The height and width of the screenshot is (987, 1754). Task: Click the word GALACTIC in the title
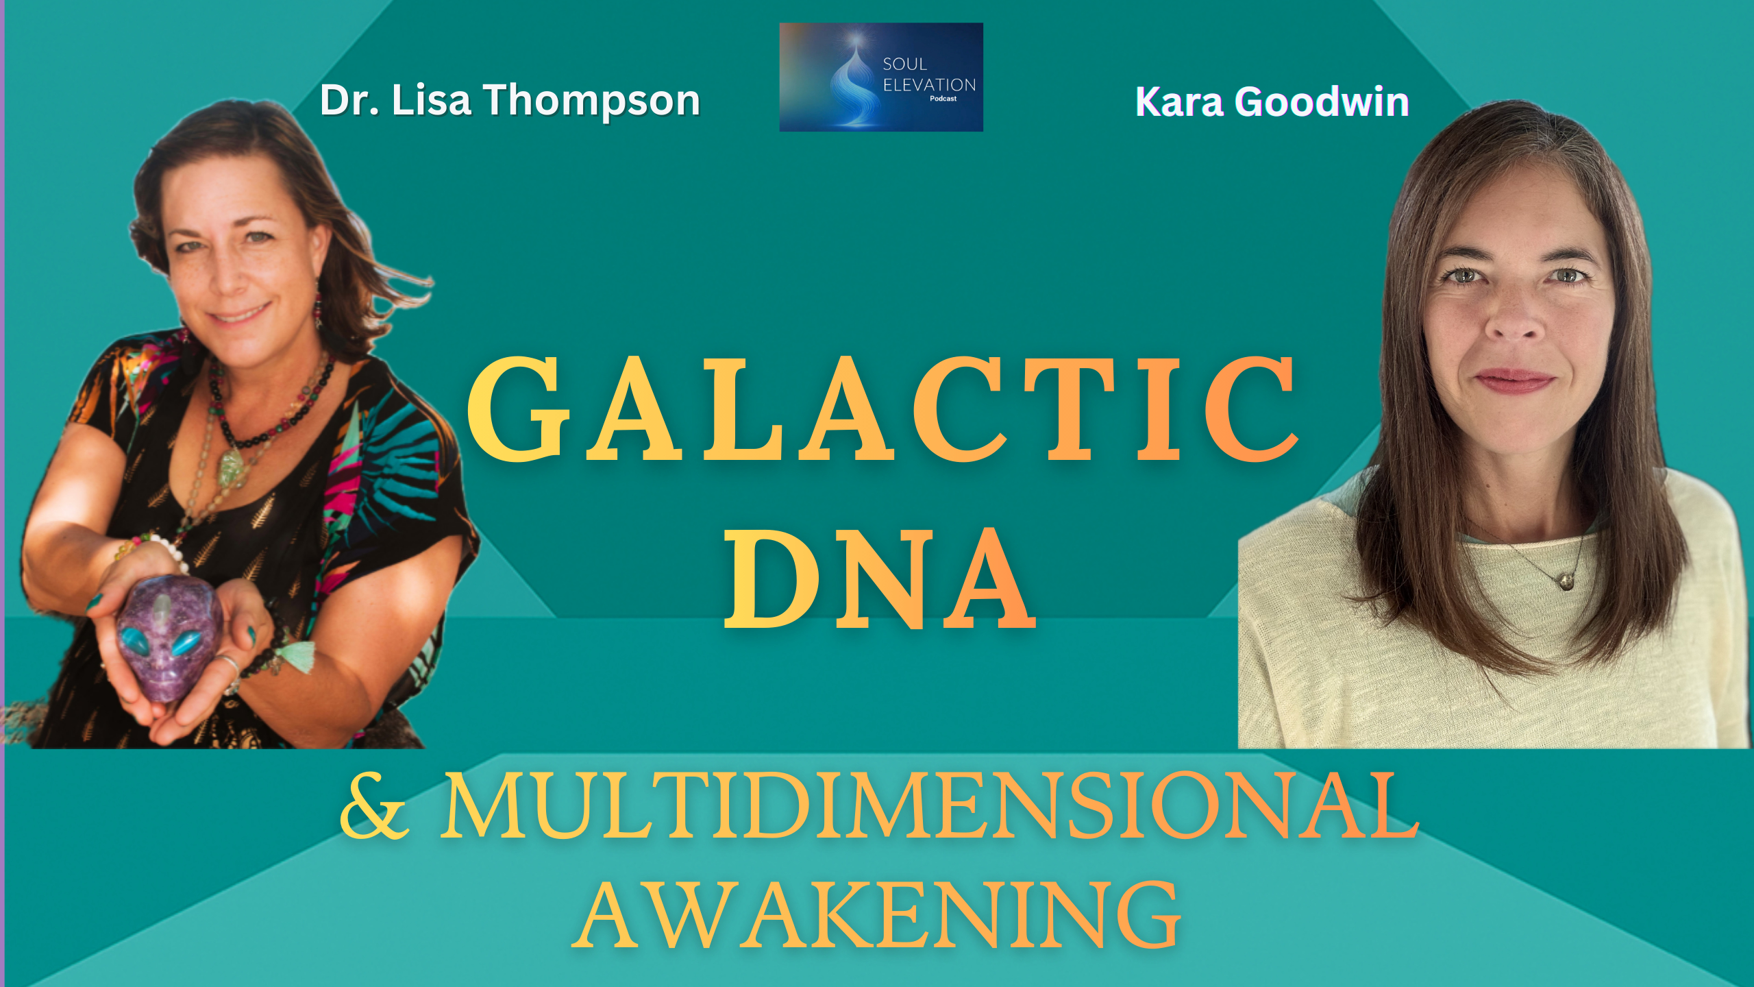(x=882, y=409)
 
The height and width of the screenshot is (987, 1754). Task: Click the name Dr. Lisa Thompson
(x=510, y=101)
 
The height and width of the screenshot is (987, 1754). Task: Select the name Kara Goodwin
(x=1272, y=102)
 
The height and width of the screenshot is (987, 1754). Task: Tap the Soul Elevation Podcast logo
(x=881, y=77)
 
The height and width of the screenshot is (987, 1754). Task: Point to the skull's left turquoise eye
(x=134, y=641)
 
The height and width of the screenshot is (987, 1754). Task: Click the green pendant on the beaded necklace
(x=233, y=468)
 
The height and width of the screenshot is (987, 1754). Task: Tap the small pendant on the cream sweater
(x=1566, y=582)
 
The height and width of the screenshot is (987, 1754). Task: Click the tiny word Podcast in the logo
(x=943, y=99)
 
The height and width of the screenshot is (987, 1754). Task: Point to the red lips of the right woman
(x=1514, y=379)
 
